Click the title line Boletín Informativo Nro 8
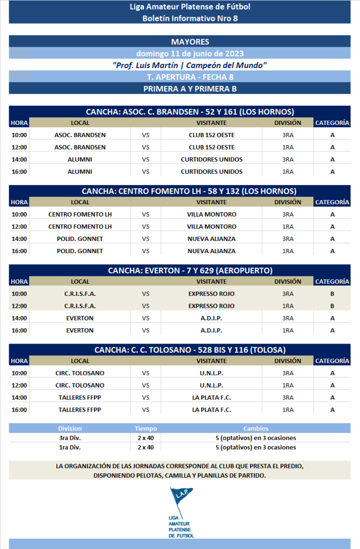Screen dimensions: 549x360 point(190,18)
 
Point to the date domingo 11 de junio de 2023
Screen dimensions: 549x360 point(190,54)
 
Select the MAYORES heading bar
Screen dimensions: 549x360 point(190,42)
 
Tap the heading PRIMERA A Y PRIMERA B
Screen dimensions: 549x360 point(190,89)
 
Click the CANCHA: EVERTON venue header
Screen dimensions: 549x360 point(190,270)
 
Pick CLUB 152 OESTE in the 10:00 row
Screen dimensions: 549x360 point(211,135)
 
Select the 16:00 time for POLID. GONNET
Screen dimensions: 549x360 point(19,251)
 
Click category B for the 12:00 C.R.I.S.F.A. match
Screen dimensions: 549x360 point(332,306)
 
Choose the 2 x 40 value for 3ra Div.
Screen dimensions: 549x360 point(145,438)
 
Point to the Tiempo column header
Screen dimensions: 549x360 point(145,429)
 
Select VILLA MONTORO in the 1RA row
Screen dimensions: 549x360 point(211,226)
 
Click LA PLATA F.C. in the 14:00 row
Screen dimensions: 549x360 point(211,397)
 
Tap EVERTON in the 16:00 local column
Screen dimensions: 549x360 point(80,331)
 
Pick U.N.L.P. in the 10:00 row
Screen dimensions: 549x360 point(211,373)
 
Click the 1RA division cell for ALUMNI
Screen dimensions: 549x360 point(288,172)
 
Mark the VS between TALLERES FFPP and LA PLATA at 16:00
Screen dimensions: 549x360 point(145,410)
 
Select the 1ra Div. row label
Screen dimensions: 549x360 point(70,447)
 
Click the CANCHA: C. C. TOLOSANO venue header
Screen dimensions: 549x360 point(190,350)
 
